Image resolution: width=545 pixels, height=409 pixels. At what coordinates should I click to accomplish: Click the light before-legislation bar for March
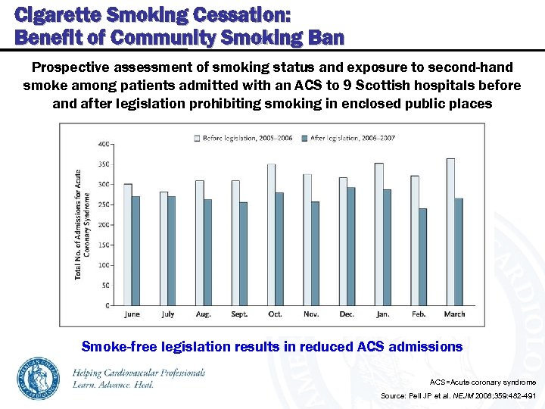click(450, 232)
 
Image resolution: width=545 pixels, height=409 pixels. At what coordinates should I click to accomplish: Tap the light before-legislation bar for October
click(271, 235)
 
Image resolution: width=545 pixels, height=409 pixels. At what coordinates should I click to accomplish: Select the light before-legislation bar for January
click(378, 234)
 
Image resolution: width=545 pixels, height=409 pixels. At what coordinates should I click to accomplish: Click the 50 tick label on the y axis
click(105, 286)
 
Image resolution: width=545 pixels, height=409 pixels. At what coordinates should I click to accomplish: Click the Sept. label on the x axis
click(239, 314)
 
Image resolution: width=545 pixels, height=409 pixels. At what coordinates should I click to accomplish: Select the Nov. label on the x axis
click(311, 314)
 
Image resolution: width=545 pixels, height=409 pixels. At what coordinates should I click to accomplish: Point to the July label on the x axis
click(168, 314)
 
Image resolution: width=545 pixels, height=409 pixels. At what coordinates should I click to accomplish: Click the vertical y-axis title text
click(83, 223)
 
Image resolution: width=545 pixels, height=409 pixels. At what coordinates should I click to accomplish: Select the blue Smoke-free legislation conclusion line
click(271, 346)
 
